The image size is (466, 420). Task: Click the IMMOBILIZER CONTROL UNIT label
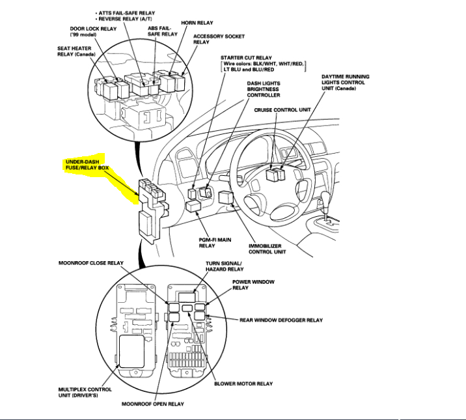(267, 248)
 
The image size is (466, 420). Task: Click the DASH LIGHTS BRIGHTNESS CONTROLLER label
(263, 89)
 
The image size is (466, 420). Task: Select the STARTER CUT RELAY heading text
(246, 57)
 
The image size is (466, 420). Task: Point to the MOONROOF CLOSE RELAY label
(91, 262)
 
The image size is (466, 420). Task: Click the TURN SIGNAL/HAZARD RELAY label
(221, 266)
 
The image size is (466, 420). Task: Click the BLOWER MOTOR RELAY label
(243, 384)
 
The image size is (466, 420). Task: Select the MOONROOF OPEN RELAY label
(153, 404)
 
